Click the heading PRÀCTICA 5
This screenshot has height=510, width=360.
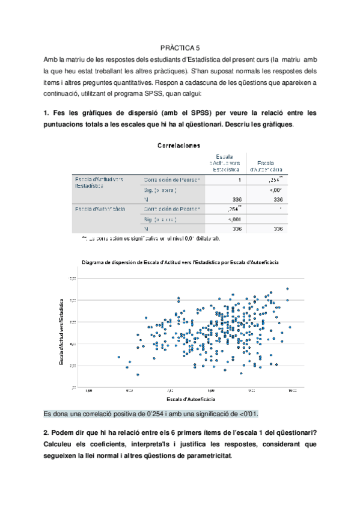click(180, 47)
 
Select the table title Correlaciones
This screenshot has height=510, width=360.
click(179, 145)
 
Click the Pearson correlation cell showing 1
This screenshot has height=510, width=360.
click(239, 180)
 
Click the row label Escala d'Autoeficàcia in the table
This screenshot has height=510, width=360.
click(100, 209)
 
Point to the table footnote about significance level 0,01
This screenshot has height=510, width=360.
click(150, 239)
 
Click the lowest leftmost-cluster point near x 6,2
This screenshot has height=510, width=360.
click(138, 374)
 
